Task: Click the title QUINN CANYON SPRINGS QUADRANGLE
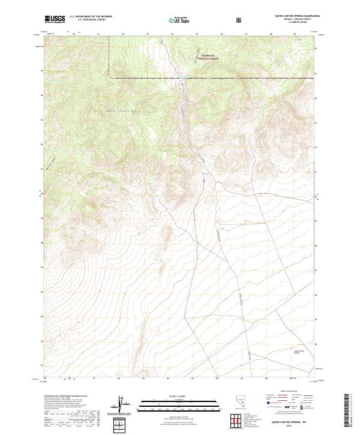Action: click(x=289, y=16)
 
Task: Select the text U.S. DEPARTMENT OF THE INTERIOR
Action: click(x=91, y=17)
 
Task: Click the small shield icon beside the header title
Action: click(x=240, y=20)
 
